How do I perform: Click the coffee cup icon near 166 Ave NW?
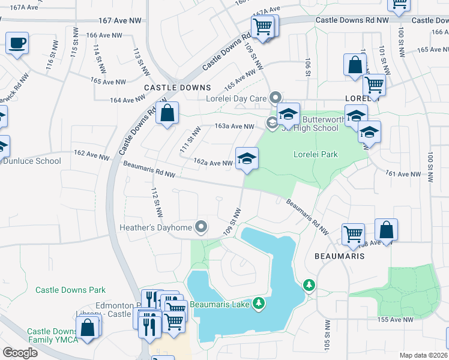(17, 43)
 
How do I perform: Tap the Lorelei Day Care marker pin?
(276, 97)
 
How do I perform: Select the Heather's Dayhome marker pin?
(201, 227)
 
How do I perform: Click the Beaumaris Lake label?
(220, 304)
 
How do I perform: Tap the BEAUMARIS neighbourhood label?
(339, 255)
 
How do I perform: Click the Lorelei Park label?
(315, 154)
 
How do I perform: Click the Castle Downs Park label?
(70, 290)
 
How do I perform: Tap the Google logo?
(20, 353)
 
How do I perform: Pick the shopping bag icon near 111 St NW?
(167, 112)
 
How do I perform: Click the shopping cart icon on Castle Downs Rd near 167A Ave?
(263, 26)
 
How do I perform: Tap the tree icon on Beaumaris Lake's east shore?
(309, 284)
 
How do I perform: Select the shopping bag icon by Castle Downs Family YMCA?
(88, 328)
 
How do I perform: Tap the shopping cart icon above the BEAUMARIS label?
(353, 233)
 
